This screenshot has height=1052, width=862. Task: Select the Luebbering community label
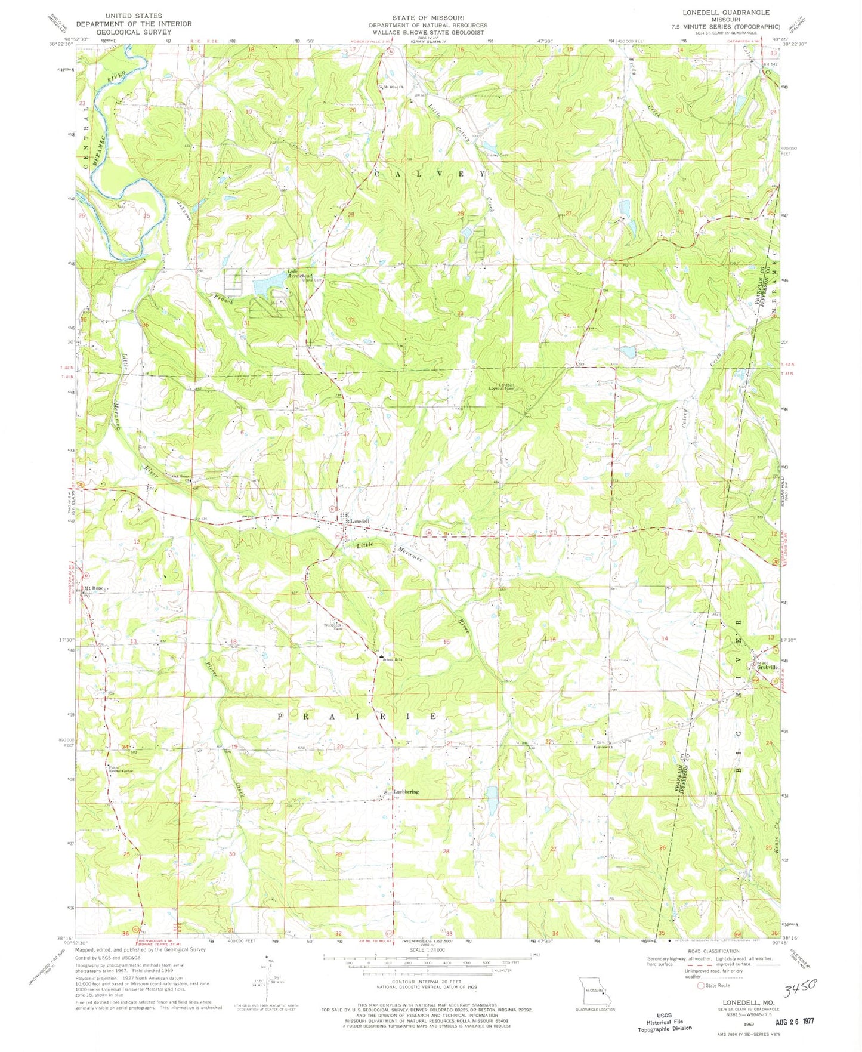point(406,792)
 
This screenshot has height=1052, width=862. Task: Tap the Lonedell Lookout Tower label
point(510,387)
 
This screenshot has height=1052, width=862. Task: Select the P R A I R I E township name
point(358,716)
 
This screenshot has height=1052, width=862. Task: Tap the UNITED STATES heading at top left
point(133,16)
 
